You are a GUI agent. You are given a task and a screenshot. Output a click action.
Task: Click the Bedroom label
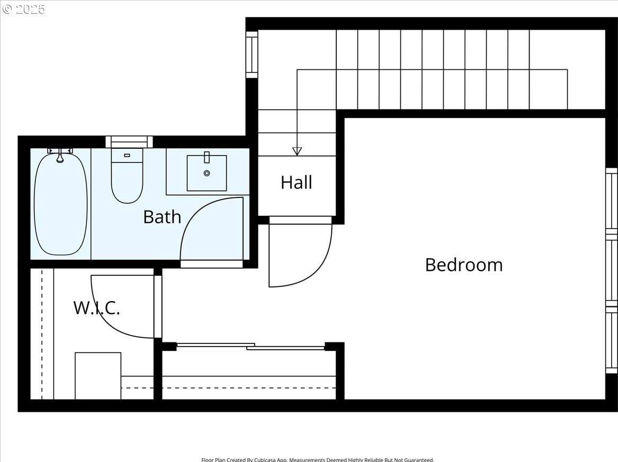(464, 265)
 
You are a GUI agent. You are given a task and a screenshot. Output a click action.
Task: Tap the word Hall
(297, 183)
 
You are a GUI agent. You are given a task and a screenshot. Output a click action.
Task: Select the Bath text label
(162, 216)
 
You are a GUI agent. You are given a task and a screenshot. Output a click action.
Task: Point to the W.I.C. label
(96, 307)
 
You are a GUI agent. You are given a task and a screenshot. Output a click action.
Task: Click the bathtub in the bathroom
(61, 204)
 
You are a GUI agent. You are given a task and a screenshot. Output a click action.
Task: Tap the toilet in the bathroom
(127, 176)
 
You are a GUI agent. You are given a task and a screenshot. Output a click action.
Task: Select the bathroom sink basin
(207, 173)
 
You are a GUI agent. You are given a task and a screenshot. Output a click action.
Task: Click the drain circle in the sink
(207, 173)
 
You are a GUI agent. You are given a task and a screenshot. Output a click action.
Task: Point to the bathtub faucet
(60, 155)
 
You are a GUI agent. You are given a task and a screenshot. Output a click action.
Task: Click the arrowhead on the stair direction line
(297, 151)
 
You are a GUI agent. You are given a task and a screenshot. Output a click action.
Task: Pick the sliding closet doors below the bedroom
(250, 347)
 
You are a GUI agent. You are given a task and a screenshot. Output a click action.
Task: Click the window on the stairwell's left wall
(252, 55)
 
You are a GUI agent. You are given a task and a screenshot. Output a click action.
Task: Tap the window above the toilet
(129, 142)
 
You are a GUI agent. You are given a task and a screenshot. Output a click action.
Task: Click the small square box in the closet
(98, 376)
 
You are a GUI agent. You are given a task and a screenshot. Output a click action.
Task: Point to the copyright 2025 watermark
(24, 8)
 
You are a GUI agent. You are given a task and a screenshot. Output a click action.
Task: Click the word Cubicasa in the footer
(265, 460)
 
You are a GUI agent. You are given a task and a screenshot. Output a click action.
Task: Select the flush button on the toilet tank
(127, 155)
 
